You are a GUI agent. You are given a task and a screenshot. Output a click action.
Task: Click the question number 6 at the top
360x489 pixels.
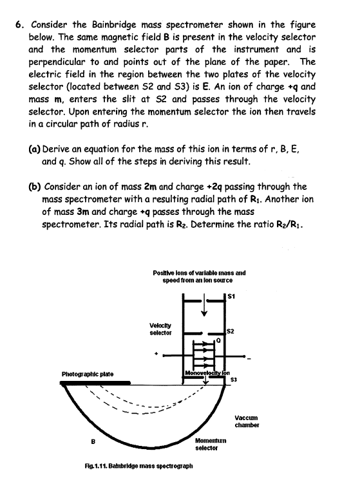(x=19, y=25)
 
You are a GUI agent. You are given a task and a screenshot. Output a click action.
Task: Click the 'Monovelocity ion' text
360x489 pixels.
(x=203, y=373)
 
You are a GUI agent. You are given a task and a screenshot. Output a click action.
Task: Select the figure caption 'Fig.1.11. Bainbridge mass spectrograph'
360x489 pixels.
(x=159, y=465)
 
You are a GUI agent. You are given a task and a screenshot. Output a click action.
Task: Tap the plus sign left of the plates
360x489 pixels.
(x=156, y=353)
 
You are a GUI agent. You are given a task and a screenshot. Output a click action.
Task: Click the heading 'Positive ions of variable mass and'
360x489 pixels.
(x=200, y=273)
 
